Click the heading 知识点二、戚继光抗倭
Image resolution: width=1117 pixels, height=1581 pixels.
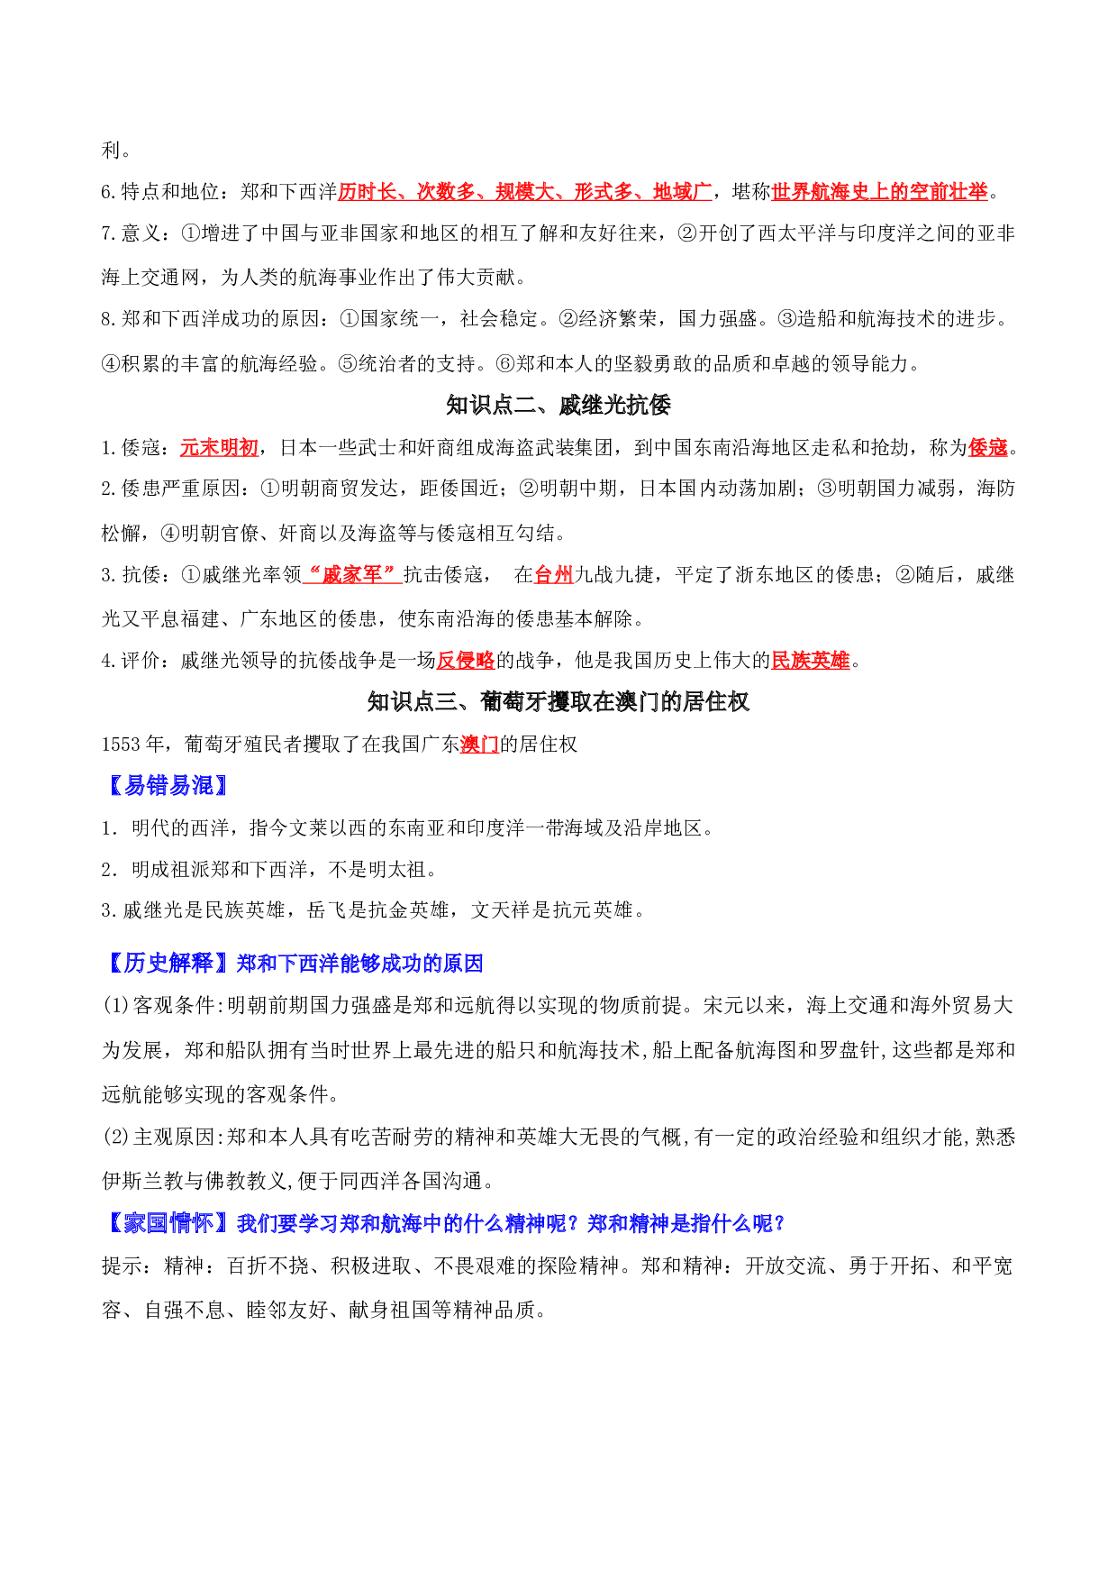point(558,406)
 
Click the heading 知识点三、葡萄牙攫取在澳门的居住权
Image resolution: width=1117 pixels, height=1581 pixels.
point(558,702)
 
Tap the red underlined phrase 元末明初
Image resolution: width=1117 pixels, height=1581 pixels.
point(220,448)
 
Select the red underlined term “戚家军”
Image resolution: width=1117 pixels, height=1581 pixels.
point(352,575)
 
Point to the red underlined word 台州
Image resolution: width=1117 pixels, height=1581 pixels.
point(554,575)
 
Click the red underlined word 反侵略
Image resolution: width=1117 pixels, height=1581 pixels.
point(466,661)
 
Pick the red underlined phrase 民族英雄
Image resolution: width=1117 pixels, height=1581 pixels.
point(811,661)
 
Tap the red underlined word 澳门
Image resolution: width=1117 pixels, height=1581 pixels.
point(479,745)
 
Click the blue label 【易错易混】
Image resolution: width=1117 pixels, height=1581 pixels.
point(168,786)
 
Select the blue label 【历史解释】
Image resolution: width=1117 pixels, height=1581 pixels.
point(168,964)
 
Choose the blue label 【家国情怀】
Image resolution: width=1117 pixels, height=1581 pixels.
point(168,1223)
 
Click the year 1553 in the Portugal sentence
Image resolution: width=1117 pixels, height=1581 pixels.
point(121,745)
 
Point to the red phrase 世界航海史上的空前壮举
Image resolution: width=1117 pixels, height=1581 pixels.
point(880,192)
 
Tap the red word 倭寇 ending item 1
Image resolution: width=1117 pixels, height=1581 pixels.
point(988,448)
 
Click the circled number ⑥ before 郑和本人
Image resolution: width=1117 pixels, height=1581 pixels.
point(504,364)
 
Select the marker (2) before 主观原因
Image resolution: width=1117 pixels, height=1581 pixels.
point(116,1138)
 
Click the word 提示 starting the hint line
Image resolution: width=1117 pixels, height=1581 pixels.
point(121,1266)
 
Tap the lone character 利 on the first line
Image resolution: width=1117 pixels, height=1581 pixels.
point(111,151)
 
